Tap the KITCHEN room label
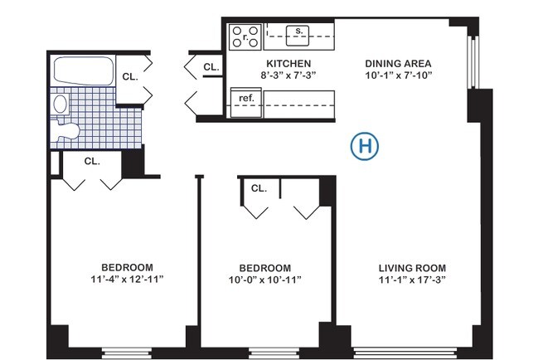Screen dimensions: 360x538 (288, 64)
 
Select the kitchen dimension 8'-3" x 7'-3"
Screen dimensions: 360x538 (288, 75)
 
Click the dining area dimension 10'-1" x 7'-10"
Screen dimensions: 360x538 (400, 75)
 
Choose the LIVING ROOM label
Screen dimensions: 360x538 (412, 268)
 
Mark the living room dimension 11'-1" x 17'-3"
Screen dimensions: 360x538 (412, 280)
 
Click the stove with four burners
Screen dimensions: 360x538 (246, 36)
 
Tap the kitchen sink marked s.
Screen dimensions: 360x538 (298, 34)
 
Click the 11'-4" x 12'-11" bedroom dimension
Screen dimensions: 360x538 (127, 280)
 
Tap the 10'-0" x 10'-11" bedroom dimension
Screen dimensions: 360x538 (264, 280)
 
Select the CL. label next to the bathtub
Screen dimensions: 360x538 (129, 76)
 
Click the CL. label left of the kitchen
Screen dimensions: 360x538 (211, 66)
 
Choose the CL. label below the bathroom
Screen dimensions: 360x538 (91, 162)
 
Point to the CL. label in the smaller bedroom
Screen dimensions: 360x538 (259, 188)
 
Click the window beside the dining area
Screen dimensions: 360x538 (473, 63)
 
